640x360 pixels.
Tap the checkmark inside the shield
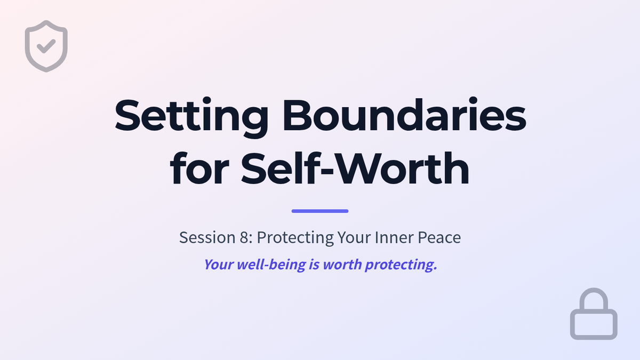(46, 46)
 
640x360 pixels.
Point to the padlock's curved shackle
(594, 290)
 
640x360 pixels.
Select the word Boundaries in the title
(404, 115)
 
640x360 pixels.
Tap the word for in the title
(199, 169)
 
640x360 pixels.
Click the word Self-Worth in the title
(355, 169)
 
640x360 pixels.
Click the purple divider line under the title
(320, 211)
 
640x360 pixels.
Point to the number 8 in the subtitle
(244, 237)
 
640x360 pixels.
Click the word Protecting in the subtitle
(295, 238)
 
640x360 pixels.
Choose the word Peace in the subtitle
(439, 237)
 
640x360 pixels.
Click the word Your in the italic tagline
(219, 265)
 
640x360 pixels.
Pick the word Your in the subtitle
(354, 237)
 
